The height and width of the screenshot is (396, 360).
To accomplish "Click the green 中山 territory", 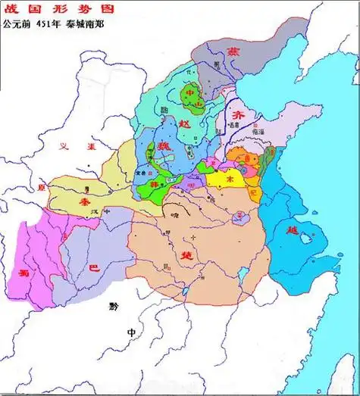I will click(x=195, y=99).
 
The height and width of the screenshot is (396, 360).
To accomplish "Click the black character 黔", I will click(x=114, y=307).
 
